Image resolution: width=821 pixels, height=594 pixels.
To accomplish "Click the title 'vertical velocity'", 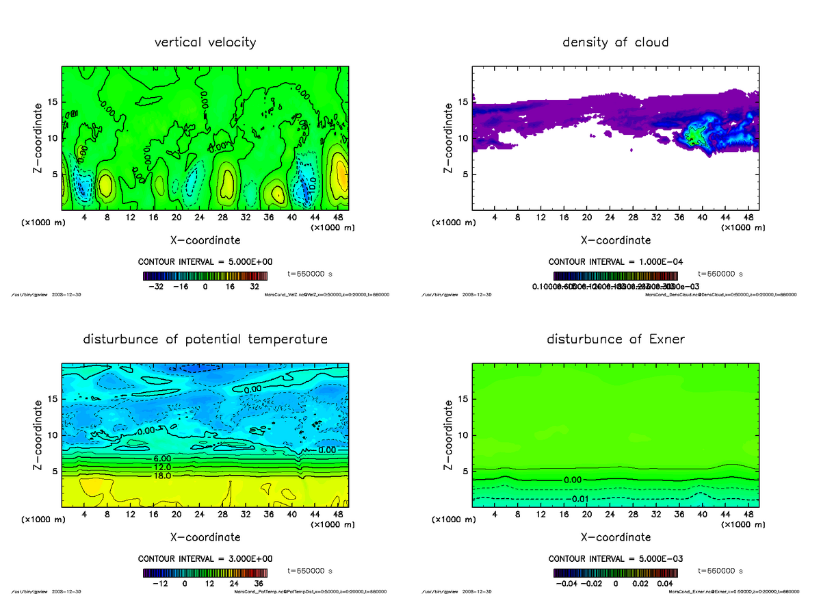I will pos(205,42).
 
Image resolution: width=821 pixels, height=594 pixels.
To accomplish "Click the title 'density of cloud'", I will pos(615,42).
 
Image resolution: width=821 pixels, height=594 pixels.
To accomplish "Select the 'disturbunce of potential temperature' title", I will pos(205,339).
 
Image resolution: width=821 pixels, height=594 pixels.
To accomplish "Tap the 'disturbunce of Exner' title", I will pos(615,339).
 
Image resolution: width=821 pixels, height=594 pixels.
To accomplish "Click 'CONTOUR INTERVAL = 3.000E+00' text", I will pos(205,558).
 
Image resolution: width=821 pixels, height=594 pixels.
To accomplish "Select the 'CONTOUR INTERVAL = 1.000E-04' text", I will pos(615,261).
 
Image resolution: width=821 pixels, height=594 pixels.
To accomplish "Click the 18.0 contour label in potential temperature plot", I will pos(162,476).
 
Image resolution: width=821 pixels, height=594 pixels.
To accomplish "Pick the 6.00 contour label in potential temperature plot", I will pos(162,458).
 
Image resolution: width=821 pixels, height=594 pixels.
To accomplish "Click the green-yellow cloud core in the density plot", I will pos(696,134).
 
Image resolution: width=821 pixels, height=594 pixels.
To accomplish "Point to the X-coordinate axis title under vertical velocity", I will pos(205,240).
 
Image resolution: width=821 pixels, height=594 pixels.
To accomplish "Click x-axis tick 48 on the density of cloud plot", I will pos(749,218).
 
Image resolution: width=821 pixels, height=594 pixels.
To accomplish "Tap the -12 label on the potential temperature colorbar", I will pos(160,584).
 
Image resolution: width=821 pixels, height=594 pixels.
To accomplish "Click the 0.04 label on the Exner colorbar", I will pos(661,584).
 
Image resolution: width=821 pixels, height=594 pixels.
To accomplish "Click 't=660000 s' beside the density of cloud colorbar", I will pos(720,273).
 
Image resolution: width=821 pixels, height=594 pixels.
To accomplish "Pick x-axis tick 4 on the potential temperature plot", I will pos(84,515).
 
